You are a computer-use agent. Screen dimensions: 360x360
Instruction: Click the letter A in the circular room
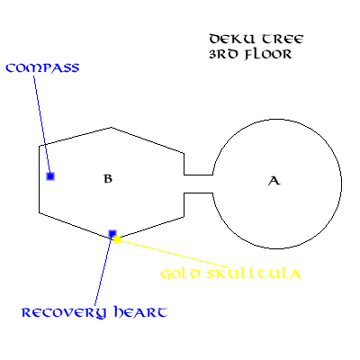click(274, 181)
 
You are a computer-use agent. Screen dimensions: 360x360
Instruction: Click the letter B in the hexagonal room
click(108, 178)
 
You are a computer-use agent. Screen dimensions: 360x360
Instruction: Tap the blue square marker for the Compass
click(50, 176)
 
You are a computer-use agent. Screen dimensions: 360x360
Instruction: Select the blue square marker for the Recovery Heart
click(112, 234)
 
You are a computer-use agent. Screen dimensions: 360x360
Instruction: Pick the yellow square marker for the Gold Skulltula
click(117, 239)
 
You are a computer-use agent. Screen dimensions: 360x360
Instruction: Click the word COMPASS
click(42, 68)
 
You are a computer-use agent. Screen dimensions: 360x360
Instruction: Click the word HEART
click(140, 312)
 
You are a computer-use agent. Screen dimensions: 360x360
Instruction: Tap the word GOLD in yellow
click(180, 274)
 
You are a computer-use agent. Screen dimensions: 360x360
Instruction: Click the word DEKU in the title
click(232, 40)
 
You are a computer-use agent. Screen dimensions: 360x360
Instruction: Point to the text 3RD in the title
click(223, 54)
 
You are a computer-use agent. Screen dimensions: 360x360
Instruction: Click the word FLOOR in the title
click(268, 55)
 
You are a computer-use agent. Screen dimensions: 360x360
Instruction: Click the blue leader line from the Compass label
click(41, 124)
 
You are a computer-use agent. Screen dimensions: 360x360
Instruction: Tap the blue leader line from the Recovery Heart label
click(103, 270)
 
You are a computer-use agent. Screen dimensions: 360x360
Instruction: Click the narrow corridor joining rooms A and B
click(198, 184)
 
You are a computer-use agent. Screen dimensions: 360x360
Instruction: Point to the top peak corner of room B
click(111, 128)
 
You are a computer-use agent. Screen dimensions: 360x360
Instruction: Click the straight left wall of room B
click(40, 179)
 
